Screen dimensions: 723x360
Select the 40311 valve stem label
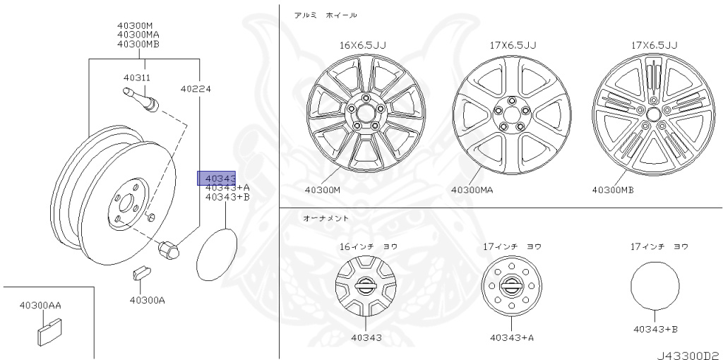pyautogui.click(x=137, y=78)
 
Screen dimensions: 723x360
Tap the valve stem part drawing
pyautogui.click(x=141, y=99)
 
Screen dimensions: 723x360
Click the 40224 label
pyautogui.click(x=196, y=88)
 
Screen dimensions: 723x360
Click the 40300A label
pyautogui.click(x=147, y=300)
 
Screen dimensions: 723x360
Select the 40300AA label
pyautogui.click(x=40, y=305)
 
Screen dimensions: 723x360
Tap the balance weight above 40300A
pyautogui.click(x=141, y=273)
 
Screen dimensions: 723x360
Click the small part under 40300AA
pyautogui.click(x=48, y=335)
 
